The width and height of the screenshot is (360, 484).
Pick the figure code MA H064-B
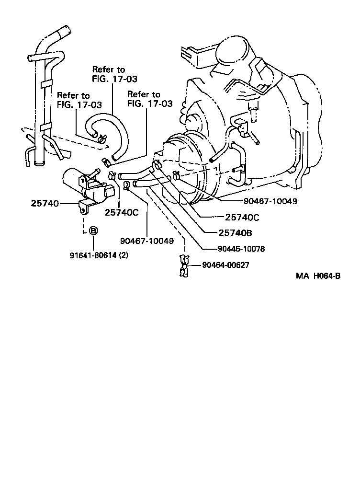[317, 276]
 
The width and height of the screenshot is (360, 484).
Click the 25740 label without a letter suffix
[45, 204]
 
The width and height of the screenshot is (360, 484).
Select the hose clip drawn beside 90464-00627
[183, 266]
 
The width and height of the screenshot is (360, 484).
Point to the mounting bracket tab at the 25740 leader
[83, 207]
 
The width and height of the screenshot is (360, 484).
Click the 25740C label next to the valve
[122, 212]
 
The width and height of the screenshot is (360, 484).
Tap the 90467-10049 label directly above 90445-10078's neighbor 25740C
[269, 201]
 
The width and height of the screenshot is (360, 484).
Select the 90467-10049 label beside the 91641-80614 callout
[147, 241]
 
